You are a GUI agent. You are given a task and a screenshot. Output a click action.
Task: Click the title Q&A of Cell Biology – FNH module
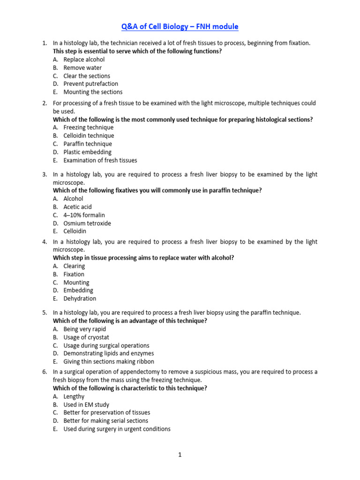180,27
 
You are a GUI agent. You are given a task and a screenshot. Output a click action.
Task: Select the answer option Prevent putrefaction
90,84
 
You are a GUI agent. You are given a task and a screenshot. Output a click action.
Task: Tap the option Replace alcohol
84,60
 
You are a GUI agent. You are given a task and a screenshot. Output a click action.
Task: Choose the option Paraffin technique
88,144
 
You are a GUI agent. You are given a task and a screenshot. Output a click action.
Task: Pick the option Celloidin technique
89,136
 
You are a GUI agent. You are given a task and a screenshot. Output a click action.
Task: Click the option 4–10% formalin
84,215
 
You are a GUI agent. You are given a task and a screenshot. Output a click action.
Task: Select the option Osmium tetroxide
87,224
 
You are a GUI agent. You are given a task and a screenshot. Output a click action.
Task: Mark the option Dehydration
80,299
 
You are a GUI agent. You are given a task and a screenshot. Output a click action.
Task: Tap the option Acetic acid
77,207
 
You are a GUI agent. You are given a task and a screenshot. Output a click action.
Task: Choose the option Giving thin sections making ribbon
108,362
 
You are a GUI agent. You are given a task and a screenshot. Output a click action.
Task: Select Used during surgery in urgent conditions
117,429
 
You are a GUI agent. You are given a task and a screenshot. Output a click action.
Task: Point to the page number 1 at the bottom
180,455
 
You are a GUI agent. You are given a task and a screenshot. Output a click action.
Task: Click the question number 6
44,372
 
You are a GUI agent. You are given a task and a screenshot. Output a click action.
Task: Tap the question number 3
44,174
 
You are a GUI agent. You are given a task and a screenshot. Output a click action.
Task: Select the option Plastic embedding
87,152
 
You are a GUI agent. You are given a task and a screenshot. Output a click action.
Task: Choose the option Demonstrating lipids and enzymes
108,353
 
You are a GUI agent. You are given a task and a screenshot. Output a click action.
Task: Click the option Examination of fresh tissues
100,160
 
